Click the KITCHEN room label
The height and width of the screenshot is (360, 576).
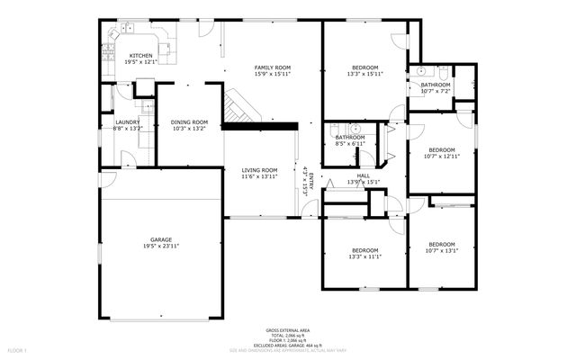(140, 56)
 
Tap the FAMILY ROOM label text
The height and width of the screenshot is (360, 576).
(272, 67)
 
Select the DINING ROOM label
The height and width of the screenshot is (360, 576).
(189, 122)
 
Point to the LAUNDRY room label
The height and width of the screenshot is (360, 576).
(127, 122)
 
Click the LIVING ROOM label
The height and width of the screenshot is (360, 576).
(259, 170)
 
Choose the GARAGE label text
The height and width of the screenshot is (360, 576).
(161, 239)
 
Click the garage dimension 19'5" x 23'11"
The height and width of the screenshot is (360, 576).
(161, 247)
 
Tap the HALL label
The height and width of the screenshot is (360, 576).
(364, 175)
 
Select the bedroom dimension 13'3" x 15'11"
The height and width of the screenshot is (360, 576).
(364, 75)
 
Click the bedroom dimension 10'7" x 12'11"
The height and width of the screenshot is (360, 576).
(441, 157)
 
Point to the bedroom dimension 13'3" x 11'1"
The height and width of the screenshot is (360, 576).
(364, 256)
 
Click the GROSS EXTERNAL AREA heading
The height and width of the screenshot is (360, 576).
(287, 331)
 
